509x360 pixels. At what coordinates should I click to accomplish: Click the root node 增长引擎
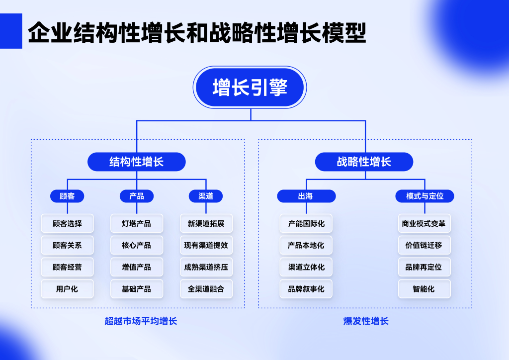[250, 88]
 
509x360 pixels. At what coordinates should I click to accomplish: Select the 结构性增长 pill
[137, 162]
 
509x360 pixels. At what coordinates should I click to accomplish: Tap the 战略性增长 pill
[364, 162]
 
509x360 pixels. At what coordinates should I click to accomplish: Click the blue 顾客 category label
[67, 196]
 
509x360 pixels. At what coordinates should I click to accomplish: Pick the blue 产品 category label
[137, 196]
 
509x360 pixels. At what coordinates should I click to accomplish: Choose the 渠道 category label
[206, 196]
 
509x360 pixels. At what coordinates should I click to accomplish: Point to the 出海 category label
[306, 196]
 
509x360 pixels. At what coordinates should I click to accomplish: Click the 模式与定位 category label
[424, 196]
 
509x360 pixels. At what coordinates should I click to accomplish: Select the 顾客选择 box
[67, 224]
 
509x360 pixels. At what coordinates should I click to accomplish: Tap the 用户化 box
[67, 289]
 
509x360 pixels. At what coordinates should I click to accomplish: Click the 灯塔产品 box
[137, 224]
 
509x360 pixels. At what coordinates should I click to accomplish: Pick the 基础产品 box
[137, 289]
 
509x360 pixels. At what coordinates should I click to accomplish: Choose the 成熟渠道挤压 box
[206, 267]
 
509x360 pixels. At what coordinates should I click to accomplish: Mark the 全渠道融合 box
[206, 289]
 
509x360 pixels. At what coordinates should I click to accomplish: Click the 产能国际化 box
[306, 224]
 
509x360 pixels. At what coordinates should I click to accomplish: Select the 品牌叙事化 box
[306, 289]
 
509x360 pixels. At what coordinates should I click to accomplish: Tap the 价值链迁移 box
[424, 245]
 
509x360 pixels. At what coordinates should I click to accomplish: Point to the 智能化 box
[424, 289]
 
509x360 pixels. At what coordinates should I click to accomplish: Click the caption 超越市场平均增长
[141, 321]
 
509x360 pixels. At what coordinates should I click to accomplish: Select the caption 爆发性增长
[366, 321]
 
